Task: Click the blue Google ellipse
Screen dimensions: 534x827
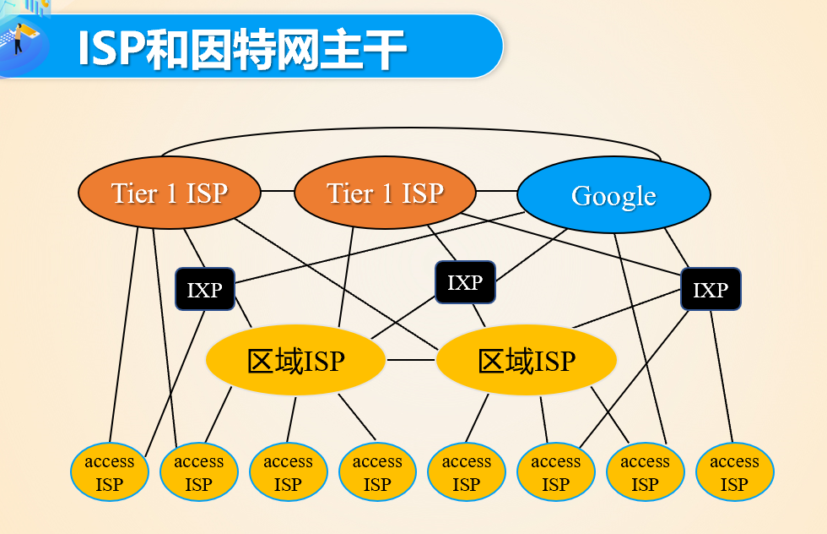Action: click(x=613, y=195)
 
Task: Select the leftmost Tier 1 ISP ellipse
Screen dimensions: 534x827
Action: click(x=169, y=193)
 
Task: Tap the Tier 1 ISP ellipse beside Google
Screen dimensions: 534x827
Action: click(x=385, y=193)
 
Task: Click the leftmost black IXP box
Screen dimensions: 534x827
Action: click(x=204, y=290)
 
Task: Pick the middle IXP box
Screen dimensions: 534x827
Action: click(x=465, y=282)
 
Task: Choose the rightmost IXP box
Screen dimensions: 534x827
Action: click(x=711, y=290)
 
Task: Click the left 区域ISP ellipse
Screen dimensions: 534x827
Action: click(x=295, y=361)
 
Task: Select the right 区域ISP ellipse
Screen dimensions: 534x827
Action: click(x=527, y=361)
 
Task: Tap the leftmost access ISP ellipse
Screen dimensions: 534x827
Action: click(x=110, y=472)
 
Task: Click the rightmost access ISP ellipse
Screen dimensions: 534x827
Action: click(x=734, y=472)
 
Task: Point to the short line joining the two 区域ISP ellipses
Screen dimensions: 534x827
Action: click(x=411, y=360)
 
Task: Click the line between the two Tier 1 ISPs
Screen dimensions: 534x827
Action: click(x=278, y=191)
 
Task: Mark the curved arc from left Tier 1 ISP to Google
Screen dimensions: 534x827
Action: click(x=411, y=129)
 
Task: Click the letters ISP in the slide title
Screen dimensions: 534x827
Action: click(x=109, y=49)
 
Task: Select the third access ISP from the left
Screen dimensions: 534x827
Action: click(x=288, y=472)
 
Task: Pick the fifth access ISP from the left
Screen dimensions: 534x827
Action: click(x=467, y=472)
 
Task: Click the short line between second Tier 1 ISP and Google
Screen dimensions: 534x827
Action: click(x=496, y=191)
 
